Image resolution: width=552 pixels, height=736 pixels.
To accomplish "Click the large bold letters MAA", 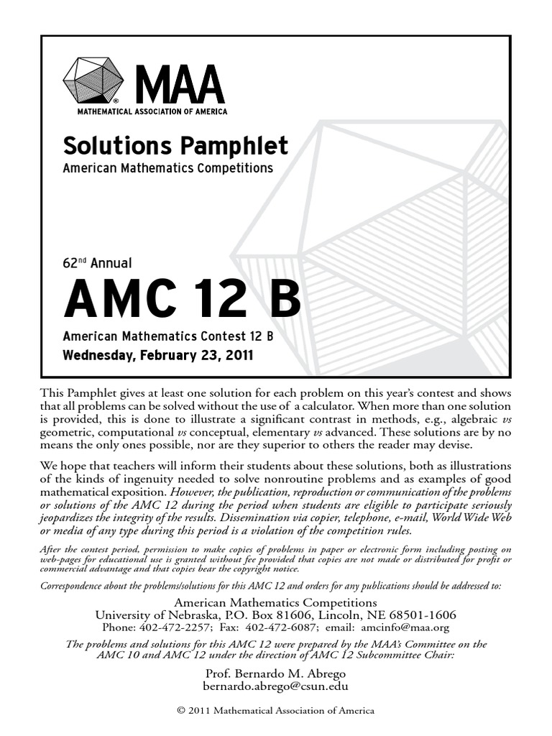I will (x=180, y=86).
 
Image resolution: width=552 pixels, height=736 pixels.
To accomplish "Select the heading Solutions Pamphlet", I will (x=175, y=146).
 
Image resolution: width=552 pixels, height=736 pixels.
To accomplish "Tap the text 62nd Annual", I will (x=98, y=264).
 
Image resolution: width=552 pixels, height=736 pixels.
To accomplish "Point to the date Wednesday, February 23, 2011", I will (x=157, y=355).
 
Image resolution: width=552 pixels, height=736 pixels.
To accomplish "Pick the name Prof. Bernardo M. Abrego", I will (x=276, y=673).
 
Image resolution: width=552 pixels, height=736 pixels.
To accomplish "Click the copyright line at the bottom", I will (x=276, y=711).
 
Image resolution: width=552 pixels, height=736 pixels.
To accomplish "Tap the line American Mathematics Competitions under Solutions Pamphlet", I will (x=168, y=168).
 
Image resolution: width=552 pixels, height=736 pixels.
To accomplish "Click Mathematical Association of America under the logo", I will (x=152, y=111).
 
